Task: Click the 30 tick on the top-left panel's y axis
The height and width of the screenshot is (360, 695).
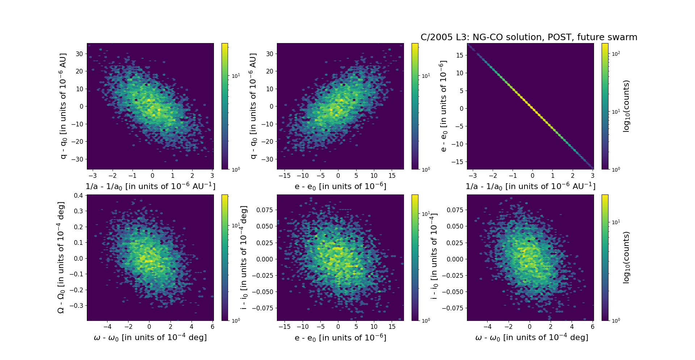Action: click(79, 54)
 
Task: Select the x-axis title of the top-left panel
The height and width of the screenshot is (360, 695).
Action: click(150, 186)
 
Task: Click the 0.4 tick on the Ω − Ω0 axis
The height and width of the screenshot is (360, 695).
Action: click(79, 196)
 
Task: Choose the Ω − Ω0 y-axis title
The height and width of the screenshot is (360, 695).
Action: click(61, 258)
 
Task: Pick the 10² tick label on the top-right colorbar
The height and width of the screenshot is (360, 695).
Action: click(616, 54)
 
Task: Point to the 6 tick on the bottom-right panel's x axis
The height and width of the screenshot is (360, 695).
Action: click(593, 327)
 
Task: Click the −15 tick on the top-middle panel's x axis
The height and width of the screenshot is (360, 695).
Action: click(285, 176)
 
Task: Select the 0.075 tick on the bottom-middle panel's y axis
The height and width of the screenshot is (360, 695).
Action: click(265, 210)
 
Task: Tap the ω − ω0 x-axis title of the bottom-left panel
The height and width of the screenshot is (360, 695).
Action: click(150, 338)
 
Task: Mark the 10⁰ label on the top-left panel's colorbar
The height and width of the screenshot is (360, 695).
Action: click(236, 169)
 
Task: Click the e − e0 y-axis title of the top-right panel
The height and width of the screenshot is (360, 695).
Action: click(443, 106)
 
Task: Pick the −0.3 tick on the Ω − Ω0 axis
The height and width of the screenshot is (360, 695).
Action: click(77, 305)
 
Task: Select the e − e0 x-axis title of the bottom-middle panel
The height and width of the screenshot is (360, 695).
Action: click(340, 338)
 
